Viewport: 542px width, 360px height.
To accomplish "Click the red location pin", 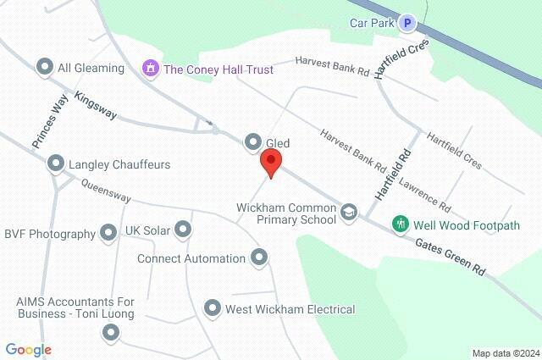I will pyautogui.click(x=271, y=163).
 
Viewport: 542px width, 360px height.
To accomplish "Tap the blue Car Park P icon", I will pyautogui.click(x=409, y=24).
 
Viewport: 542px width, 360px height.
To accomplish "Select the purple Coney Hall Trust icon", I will pyautogui.click(x=152, y=68).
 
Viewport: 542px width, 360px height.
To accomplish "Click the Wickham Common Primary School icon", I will pyautogui.click(x=349, y=213).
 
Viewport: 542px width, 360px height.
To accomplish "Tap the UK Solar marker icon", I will pyautogui.click(x=183, y=229).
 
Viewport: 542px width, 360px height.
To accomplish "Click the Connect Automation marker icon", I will pyautogui.click(x=259, y=257).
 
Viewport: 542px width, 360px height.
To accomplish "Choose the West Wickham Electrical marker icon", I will pyautogui.click(x=213, y=308).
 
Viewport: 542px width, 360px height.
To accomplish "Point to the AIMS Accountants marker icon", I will pyautogui.click(x=109, y=333).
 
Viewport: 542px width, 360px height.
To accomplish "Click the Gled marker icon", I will pyautogui.click(x=252, y=142).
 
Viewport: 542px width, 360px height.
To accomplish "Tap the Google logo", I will pyautogui.click(x=28, y=350).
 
